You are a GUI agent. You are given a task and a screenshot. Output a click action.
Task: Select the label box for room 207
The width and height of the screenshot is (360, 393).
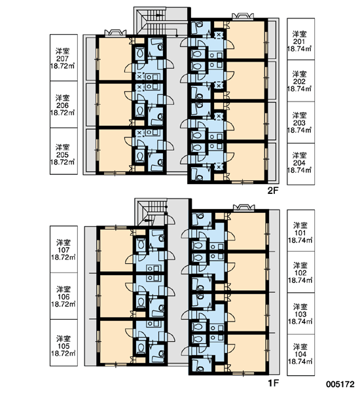coord(63,58)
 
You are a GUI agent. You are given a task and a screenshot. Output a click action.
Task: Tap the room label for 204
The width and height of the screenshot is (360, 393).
coord(300,164)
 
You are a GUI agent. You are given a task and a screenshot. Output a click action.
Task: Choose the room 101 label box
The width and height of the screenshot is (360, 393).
coord(300,231)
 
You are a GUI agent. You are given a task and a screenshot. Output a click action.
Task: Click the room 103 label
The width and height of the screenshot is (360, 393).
coord(300,313)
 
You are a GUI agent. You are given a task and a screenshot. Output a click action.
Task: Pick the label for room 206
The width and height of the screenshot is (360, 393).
coord(63,104)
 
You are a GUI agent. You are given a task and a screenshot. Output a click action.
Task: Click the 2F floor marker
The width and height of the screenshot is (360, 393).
coord(273,191)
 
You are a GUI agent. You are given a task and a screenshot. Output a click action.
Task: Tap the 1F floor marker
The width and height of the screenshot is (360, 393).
coord(274,383)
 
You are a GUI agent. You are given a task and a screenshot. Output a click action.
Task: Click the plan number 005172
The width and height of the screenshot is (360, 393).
coord(340,384)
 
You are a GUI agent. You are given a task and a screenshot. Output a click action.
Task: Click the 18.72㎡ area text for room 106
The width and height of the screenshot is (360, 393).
coord(63,304)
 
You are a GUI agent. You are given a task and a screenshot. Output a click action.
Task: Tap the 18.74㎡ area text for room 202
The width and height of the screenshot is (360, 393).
coord(299,88)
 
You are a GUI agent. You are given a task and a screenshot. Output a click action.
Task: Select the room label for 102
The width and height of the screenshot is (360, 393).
coord(300,272)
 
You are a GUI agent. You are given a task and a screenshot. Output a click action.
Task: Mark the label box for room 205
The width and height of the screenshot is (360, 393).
coord(63,151)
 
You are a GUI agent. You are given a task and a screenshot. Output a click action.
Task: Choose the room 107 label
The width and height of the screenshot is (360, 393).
coord(63,249)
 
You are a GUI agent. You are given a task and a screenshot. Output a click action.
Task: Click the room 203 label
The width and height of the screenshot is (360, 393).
coord(300,122)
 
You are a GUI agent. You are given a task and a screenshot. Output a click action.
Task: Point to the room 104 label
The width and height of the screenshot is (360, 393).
coord(300,355)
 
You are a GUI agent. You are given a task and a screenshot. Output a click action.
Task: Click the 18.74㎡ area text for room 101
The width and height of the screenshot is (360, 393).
coord(300,240)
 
